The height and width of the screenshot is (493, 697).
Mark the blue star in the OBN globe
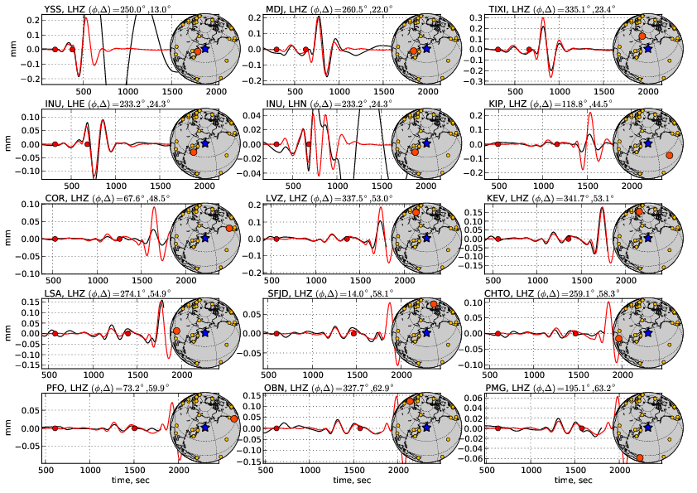coord(426,428)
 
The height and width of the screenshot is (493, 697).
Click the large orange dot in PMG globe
coord(639,457)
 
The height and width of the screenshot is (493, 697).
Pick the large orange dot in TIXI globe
coord(642,36)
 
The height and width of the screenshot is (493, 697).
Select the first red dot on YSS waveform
coord(55,49)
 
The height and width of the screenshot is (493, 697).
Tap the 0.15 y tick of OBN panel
coord(251,396)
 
